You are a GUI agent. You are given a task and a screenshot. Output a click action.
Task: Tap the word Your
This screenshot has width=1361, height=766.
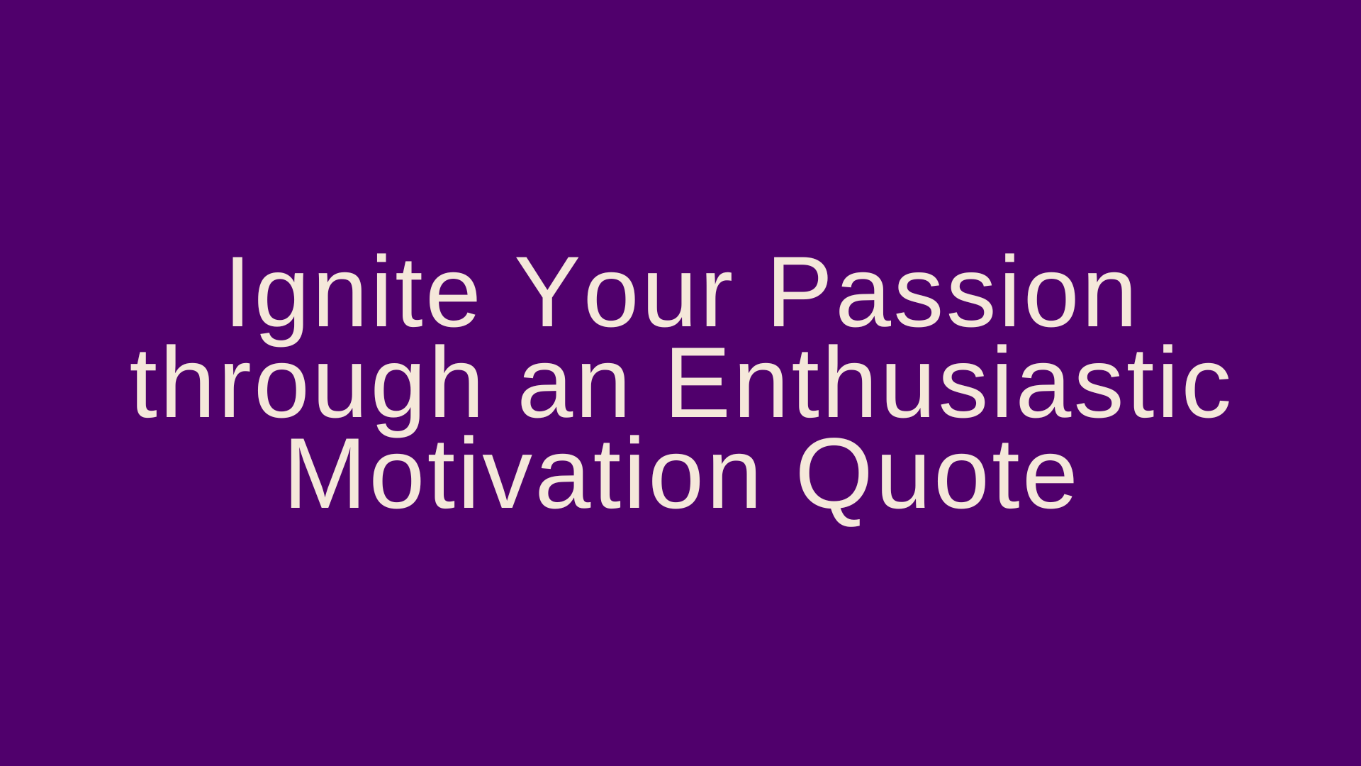pyautogui.click(x=623, y=292)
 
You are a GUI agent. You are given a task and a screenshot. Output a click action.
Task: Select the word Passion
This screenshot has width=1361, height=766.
pyautogui.click(x=953, y=292)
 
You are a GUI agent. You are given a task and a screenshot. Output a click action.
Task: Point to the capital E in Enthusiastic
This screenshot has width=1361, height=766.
pyautogui.click(x=698, y=383)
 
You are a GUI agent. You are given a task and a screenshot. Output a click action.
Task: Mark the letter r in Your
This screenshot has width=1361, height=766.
pyautogui.click(x=716, y=301)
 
